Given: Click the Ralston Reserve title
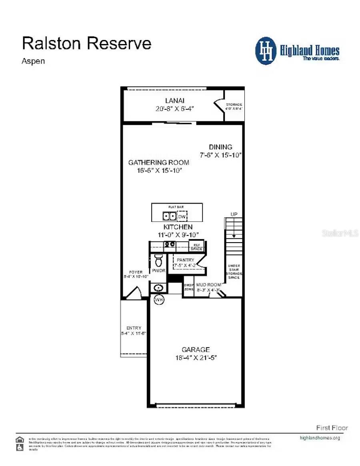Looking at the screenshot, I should pyautogui.click(x=86, y=43).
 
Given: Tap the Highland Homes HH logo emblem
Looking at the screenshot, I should pyautogui.click(x=266, y=51).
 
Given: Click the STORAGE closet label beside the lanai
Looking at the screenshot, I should pyautogui.click(x=234, y=104).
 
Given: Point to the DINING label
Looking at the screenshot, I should pyautogui.click(x=220, y=147).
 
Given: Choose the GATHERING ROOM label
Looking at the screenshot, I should pyautogui.click(x=158, y=163).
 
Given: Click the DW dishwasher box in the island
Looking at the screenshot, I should pyautogui.click(x=182, y=217).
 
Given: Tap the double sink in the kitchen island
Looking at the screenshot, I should pyautogui.click(x=169, y=216).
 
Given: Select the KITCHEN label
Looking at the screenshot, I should pyautogui.click(x=178, y=227).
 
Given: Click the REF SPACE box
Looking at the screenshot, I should pyautogui.click(x=197, y=246).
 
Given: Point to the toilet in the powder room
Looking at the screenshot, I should pyautogui.click(x=158, y=260).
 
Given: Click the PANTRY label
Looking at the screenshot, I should pyautogui.click(x=185, y=260).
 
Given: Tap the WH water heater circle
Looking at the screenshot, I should pyautogui.click(x=159, y=299).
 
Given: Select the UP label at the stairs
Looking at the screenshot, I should pyautogui.click(x=234, y=215).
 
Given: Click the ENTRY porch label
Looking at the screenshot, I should pyautogui.click(x=134, y=328).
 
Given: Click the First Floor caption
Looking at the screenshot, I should pyautogui.click(x=332, y=428).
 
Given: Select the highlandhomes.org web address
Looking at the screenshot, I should pyautogui.click(x=320, y=438).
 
